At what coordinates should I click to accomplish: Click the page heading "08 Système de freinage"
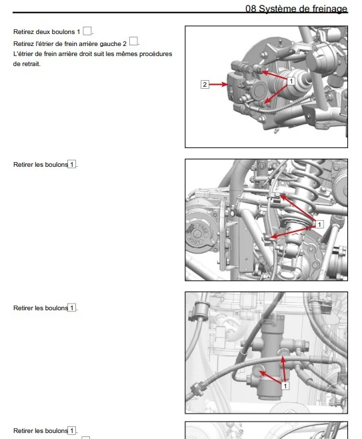[x=296, y=9]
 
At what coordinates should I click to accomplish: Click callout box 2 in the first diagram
[x=205, y=84]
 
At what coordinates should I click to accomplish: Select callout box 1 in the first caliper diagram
[x=291, y=81]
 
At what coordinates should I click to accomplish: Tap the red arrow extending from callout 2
[x=219, y=84]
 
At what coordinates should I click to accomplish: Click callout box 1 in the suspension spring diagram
[x=319, y=224]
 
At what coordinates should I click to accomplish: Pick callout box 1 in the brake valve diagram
[x=285, y=386]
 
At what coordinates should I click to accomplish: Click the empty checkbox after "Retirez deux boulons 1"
[x=87, y=31]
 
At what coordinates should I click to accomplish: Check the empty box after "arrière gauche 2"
[x=133, y=41]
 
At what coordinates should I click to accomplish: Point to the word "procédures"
[x=156, y=54]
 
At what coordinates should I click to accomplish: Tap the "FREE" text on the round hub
[x=203, y=229]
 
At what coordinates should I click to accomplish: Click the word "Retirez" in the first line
[x=23, y=32]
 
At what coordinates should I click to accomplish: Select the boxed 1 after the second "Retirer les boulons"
[x=72, y=308]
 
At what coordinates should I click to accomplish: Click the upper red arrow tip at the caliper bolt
[x=261, y=72]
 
